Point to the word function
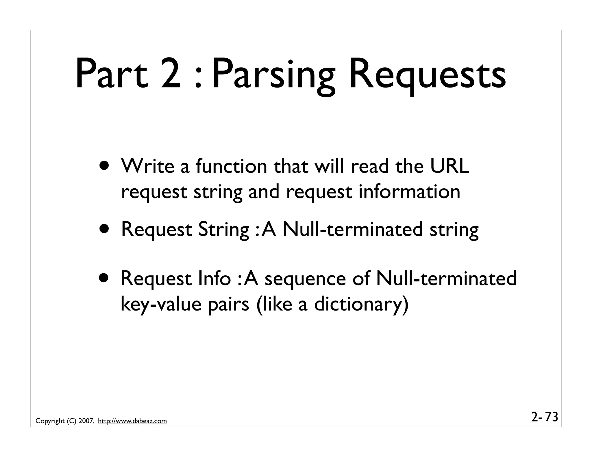(x=231, y=166)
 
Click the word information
(x=409, y=192)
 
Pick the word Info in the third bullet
(x=214, y=278)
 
